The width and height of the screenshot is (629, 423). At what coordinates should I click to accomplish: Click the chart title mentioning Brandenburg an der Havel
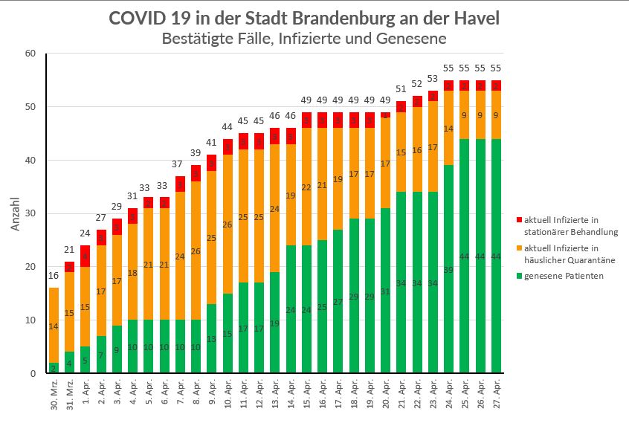click(x=304, y=19)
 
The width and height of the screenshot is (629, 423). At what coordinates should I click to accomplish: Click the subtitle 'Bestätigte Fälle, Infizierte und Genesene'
click(x=304, y=39)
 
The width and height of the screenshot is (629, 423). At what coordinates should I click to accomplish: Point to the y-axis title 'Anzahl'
click(x=16, y=213)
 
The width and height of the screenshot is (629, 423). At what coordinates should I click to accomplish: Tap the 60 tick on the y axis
click(x=30, y=54)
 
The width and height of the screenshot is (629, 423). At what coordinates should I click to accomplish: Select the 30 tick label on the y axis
click(x=30, y=213)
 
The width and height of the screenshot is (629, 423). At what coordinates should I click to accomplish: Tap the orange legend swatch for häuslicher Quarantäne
click(x=519, y=248)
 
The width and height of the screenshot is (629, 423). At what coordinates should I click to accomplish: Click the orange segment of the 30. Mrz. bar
click(x=54, y=325)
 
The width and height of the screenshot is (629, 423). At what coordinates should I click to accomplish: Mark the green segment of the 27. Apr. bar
click(x=496, y=256)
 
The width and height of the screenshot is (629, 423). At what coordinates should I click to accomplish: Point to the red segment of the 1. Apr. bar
click(x=86, y=256)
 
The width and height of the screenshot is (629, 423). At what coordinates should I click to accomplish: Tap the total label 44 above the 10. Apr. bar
click(x=228, y=127)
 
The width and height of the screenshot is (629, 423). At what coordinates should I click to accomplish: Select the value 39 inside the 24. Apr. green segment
click(x=448, y=269)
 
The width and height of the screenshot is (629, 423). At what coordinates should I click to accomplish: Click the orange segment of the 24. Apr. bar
click(x=448, y=128)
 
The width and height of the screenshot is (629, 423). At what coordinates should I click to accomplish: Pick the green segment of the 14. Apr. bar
click(x=291, y=309)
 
